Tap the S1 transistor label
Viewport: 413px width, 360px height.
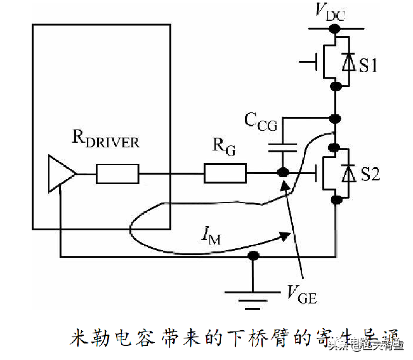(367, 64)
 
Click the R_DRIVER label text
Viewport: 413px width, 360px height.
(105, 140)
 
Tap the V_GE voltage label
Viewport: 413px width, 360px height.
(302, 293)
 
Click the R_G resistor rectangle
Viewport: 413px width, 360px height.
(225, 173)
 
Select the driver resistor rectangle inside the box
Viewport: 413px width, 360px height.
(117, 173)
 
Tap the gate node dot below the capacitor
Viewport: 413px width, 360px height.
(283, 173)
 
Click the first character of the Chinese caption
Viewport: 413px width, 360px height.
(77, 338)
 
